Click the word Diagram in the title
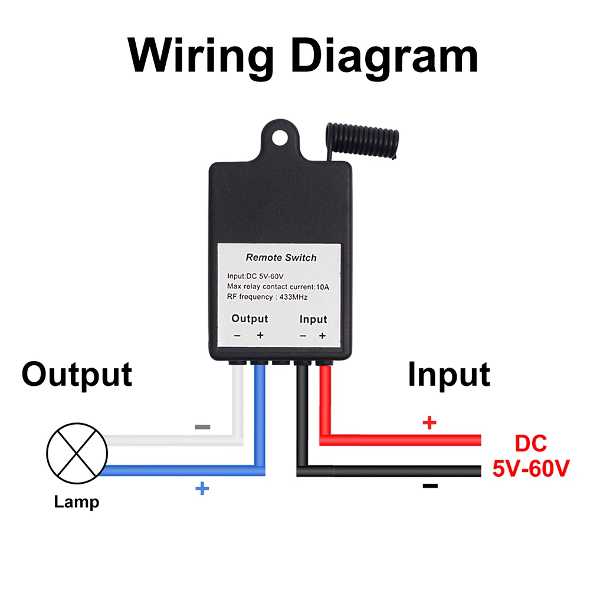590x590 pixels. [x=385, y=57]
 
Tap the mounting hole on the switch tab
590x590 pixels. [x=280, y=138]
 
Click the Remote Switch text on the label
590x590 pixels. [x=281, y=258]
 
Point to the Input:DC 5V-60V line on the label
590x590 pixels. [x=255, y=276]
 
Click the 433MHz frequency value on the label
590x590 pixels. [x=293, y=297]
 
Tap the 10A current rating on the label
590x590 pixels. [x=323, y=287]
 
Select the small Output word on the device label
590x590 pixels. [x=250, y=319]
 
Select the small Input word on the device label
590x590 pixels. [x=313, y=319]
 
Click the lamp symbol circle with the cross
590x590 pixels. [x=77, y=453]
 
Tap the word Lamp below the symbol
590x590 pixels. [x=76, y=502]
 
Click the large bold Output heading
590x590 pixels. [x=77, y=375]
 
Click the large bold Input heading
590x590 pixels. [x=449, y=375]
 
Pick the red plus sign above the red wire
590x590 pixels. [x=430, y=423]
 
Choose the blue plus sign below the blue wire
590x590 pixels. [x=202, y=489]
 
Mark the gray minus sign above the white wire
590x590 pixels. [x=202, y=427]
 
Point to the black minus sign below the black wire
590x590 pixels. [x=430, y=486]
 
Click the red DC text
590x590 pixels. [x=530, y=444]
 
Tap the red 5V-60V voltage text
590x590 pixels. [x=531, y=469]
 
